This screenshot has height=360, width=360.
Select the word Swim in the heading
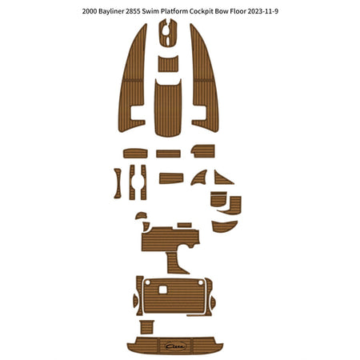point(149,11)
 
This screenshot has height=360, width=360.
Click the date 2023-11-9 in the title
point(263,11)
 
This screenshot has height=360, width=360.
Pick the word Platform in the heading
point(172,11)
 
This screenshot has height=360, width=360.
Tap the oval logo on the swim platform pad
point(175,346)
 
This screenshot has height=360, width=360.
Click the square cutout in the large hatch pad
point(162,290)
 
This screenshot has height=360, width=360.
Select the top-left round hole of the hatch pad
point(148,282)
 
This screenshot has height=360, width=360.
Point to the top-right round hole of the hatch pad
point(201,282)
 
